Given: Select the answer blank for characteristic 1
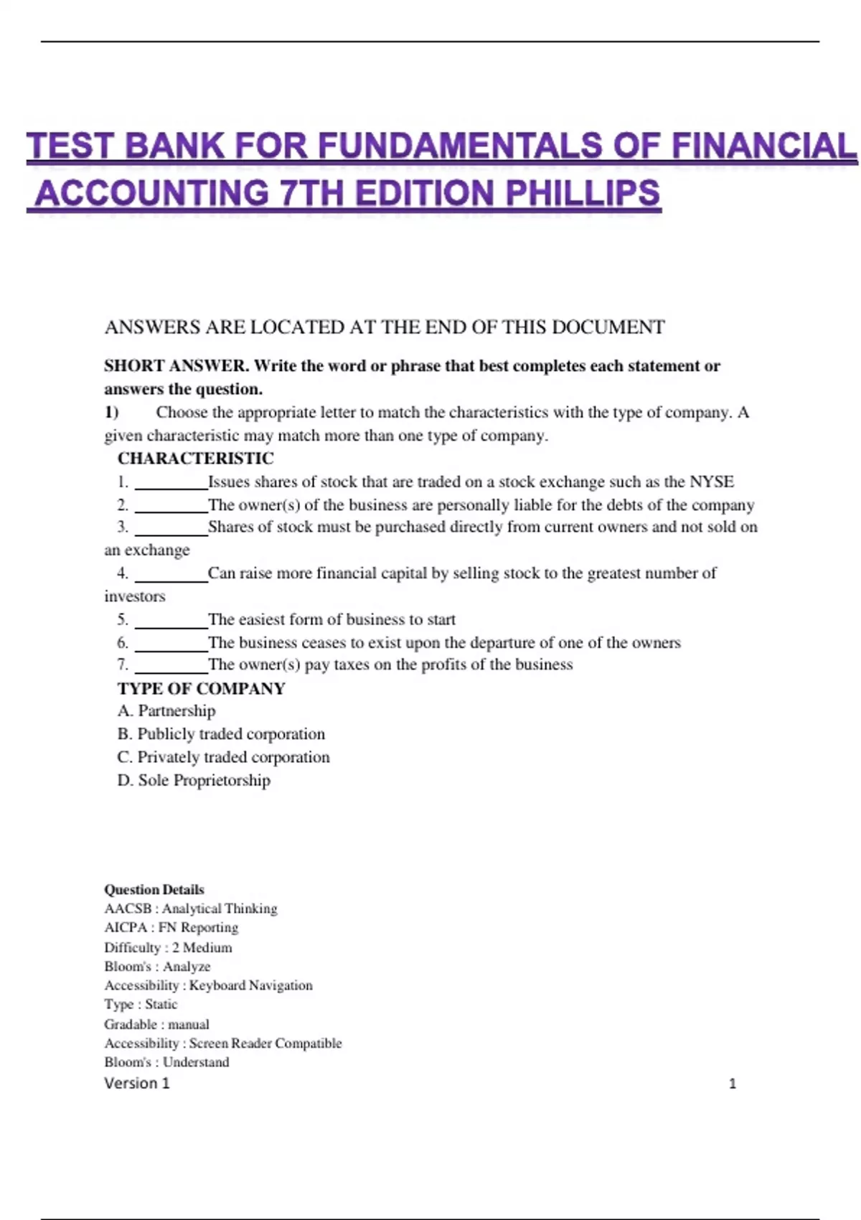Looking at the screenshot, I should tap(171, 482).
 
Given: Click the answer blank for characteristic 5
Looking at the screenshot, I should tap(171, 620).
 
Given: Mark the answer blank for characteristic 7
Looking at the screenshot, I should tap(171, 665).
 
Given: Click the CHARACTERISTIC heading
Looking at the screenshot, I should tap(195, 459).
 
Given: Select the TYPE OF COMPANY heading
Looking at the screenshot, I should tap(201, 689).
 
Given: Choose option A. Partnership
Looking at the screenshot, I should tap(166, 711).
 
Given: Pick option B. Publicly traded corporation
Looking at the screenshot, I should tap(221, 734).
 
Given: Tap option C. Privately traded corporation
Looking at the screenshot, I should tap(223, 757).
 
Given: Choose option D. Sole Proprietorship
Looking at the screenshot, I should tap(194, 780).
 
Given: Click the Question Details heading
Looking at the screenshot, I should tap(154, 890).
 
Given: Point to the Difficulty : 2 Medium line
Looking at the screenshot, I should tap(168, 947).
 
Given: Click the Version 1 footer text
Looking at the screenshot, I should tap(137, 1084).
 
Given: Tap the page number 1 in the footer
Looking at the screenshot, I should tap(733, 1084).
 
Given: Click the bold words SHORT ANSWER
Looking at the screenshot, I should tap(175, 366).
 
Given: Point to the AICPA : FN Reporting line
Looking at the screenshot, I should tap(171, 928).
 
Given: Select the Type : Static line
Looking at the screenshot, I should tap(141, 1005).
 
